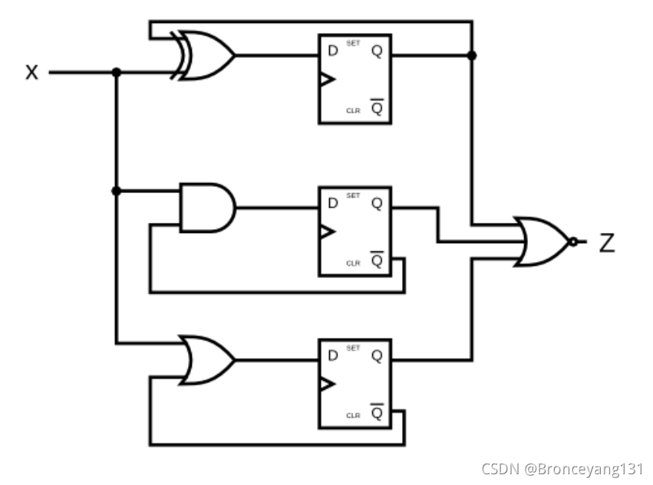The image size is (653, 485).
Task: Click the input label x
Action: tap(31, 73)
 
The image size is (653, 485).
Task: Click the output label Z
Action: tap(606, 243)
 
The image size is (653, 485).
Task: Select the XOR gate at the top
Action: tap(205, 55)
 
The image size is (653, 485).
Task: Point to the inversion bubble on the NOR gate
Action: tap(573, 241)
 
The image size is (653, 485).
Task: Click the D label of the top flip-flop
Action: tap(332, 51)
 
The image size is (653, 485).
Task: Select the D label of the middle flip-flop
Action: tap(332, 203)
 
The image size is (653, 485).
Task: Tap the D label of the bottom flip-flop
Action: tap(332, 356)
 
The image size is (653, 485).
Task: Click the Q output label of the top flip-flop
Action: tap(378, 51)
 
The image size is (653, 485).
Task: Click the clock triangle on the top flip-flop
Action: tap(328, 80)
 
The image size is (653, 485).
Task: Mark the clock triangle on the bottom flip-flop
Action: tap(328, 383)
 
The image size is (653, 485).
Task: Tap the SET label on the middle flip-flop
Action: tap(353, 195)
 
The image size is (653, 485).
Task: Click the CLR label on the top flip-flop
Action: tap(352, 111)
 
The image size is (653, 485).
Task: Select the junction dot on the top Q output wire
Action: tap(472, 55)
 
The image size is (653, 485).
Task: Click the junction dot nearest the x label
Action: tap(116, 73)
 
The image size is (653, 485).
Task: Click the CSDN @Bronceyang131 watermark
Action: tap(562, 468)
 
